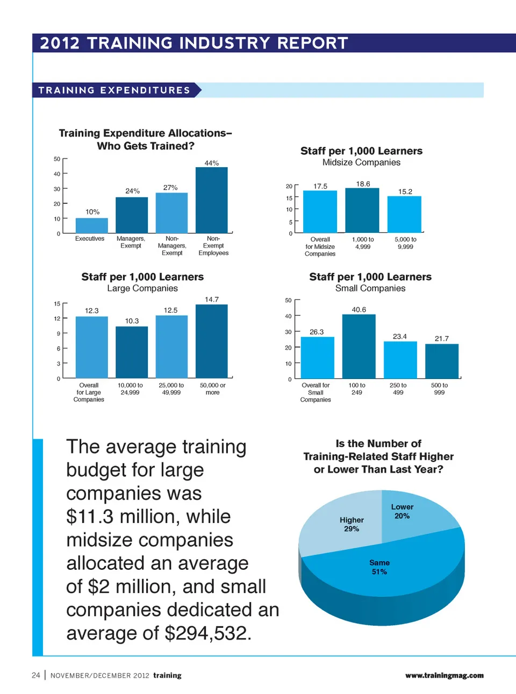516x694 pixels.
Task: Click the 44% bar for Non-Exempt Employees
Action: pyautogui.click(x=211, y=200)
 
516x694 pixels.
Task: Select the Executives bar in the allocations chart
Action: pyautogui.click(x=91, y=225)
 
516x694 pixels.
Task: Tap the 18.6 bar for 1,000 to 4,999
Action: pyautogui.click(x=362, y=210)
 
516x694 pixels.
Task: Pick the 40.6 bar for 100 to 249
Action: pyautogui.click(x=359, y=347)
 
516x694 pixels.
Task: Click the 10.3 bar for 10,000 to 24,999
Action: pyautogui.click(x=132, y=352)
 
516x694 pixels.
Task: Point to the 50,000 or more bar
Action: pyautogui.click(x=211, y=341)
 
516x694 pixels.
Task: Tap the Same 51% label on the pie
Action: pyautogui.click(x=379, y=567)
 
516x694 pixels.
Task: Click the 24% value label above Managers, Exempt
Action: pyautogui.click(x=132, y=191)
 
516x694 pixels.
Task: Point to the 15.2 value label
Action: pyautogui.click(x=405, y=191)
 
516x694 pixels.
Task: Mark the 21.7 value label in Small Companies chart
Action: pyautogui.click(x=441, y=338)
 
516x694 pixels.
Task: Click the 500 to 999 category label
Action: pyautogui.click(x=439, y=389)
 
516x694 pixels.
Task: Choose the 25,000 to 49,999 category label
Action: pyautogui.click(x=171, y=389)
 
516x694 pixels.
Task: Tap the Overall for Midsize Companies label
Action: pyautogui.click(x=320, y=247)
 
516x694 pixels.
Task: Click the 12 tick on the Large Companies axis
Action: pyautogui.click(x=57, y=319)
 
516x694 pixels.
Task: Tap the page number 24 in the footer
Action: pyautogui.click(x=36, y=675)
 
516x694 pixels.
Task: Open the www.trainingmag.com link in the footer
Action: pyautogui.click(x=444, y=675)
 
